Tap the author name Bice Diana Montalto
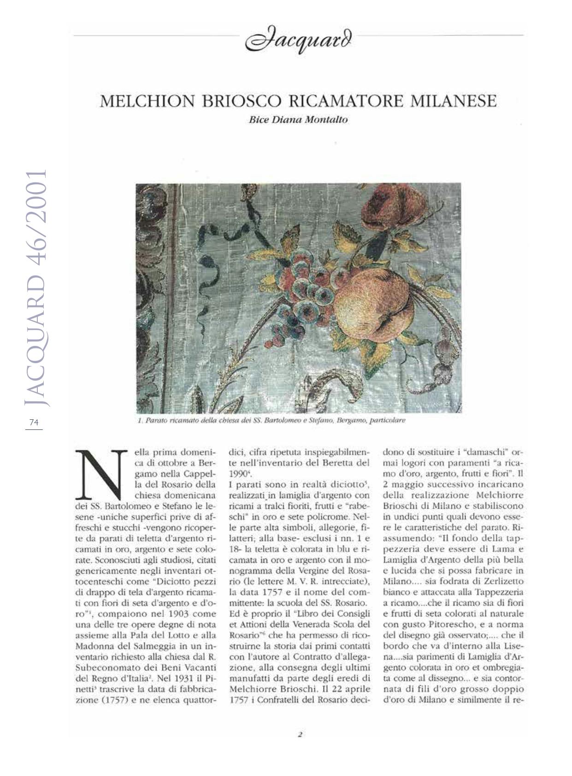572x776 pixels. [298, 120]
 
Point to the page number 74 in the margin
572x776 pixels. [34, 422]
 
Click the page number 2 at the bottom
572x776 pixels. [300, 735]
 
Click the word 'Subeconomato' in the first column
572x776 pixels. [104, 667]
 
